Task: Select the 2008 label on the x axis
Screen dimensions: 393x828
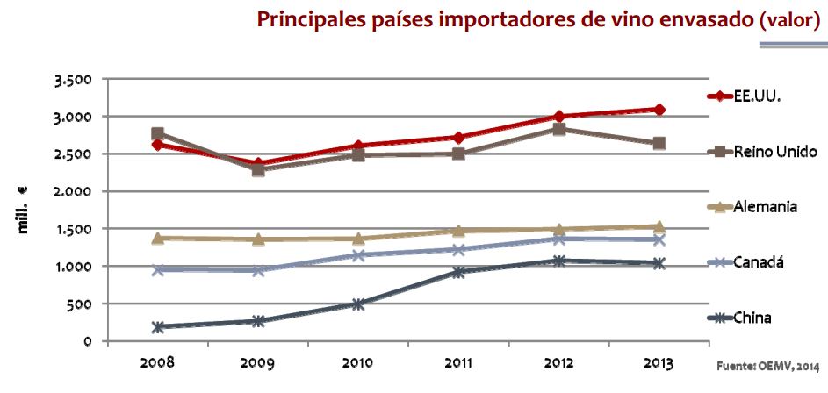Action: (158, 362)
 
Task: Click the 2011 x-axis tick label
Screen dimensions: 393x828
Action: (459, 362)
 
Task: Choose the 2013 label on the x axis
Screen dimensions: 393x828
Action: (659, 362)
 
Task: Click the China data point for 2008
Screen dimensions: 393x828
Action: (158, 327)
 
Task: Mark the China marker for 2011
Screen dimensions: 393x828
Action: (459, 272)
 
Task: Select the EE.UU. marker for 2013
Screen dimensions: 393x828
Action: (659, 110)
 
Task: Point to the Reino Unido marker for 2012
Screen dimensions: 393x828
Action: (559, 129)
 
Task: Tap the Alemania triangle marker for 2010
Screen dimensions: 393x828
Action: (359, 238)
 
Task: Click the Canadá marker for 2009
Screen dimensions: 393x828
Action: (258, 270)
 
